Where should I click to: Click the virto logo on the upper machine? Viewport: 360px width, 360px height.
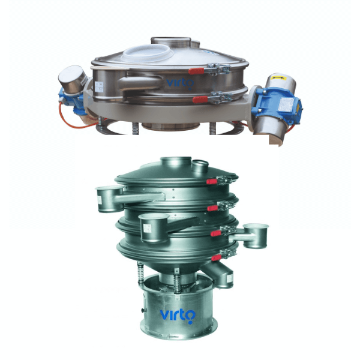[180, 83]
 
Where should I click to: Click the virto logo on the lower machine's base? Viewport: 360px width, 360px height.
[178, 316]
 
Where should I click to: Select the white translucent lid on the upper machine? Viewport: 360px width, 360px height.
[148, 53]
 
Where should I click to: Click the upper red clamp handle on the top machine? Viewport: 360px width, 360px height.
[196, 71]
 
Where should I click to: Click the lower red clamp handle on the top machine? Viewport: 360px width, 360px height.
[200, 100]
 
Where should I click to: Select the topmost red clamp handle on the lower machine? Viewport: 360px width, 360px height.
[212, 182]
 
